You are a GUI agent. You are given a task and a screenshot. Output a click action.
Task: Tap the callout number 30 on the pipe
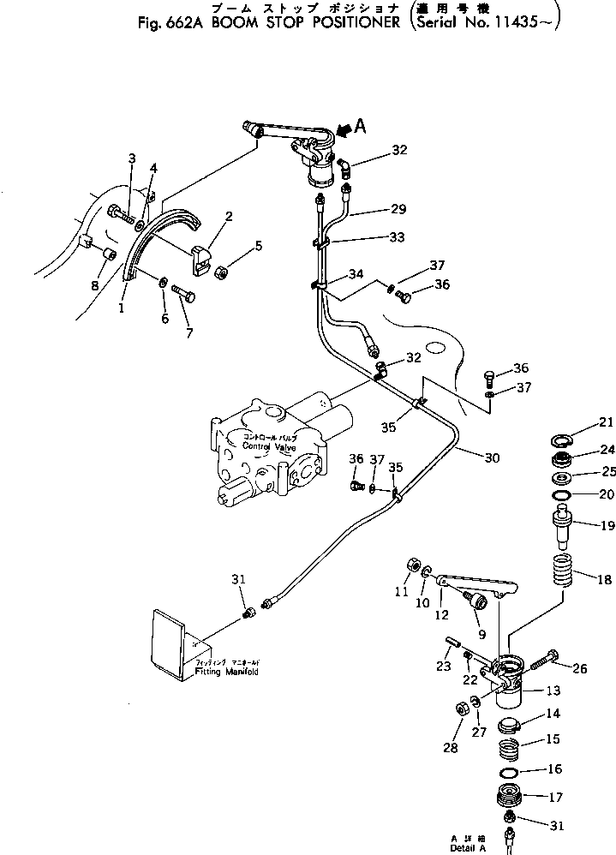[x=491, y=458]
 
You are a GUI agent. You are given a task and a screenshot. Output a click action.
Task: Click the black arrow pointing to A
[x=344, y=130]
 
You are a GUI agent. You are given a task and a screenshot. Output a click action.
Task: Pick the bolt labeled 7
[x=183, y=294]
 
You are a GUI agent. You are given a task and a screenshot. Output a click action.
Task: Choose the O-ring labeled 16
[x=510, y=771]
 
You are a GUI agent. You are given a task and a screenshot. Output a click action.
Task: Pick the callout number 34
[x=355, y=275]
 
